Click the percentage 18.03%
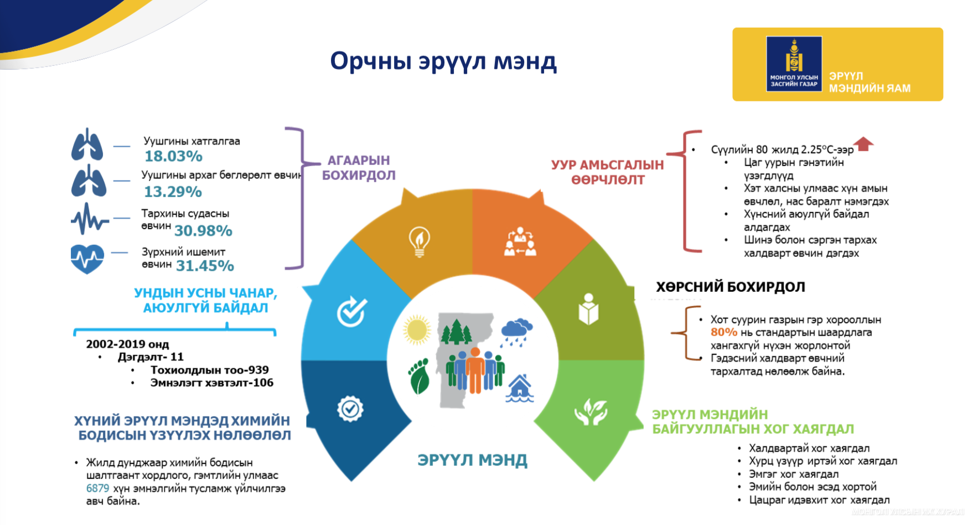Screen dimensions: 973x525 [x=173, y=156]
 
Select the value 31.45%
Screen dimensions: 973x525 [x=205, y=266]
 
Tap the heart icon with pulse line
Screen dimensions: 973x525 [x=87, y=259]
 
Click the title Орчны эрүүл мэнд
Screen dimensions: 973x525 [x=443, y=61]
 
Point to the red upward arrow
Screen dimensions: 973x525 [x=863, y=144]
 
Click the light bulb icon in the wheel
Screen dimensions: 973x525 [x=419, y=241]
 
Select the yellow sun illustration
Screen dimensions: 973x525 [x=417, y=331]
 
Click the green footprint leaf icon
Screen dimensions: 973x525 [x=418, y=376]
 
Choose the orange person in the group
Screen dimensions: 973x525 [x=475, y=370]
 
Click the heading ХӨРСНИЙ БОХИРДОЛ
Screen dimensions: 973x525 [x=731, y=287]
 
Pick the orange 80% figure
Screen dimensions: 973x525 [x=723, y=332]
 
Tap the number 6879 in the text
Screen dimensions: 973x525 [x=97, y=488]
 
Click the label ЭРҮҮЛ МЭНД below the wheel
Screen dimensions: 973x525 [x=472, y=460]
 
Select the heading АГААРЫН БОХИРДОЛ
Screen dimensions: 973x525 [x=359, y=168]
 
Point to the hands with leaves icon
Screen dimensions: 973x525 [x=591, y=411]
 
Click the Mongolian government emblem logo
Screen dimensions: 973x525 [x=794, y=64]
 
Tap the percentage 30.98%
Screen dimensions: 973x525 [x=203, y=231]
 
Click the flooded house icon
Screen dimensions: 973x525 [x=520, y=388]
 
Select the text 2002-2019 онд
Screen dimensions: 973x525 [x=127, y=344]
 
